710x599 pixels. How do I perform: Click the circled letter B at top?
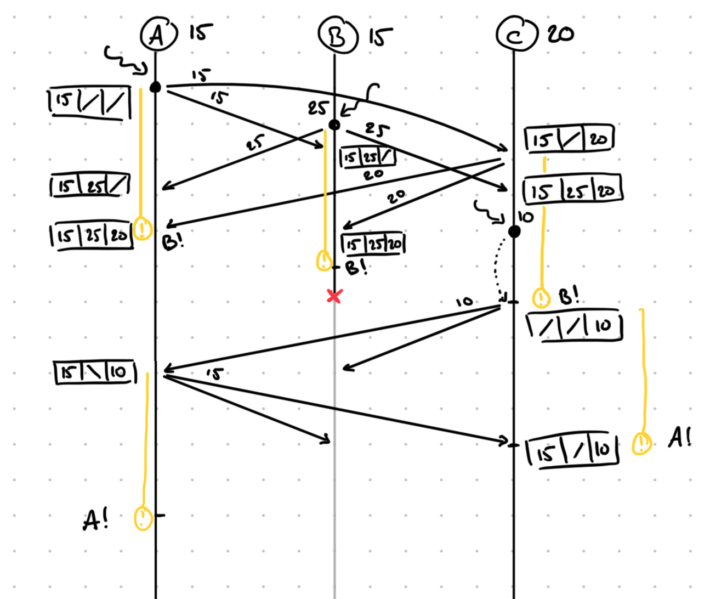337,36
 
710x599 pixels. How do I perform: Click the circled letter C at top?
515,35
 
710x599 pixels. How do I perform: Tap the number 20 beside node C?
560,34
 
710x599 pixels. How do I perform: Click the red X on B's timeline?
334,296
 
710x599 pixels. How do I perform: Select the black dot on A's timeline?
156,87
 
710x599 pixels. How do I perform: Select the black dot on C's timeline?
514,231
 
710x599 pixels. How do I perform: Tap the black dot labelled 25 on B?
334,125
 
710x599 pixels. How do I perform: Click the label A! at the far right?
679,438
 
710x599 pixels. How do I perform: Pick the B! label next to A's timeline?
173,241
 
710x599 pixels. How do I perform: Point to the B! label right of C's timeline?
569,296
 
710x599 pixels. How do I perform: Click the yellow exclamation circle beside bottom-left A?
143,518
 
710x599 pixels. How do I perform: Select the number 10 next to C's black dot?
525,217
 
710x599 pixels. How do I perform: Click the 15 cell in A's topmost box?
64,100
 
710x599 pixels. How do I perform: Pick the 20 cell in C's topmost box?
598,139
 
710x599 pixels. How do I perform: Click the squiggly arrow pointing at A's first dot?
125,60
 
